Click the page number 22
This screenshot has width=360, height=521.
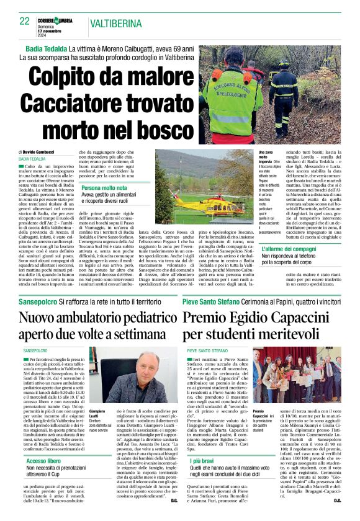point(25,21)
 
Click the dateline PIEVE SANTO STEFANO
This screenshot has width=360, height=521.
point(207,350)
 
